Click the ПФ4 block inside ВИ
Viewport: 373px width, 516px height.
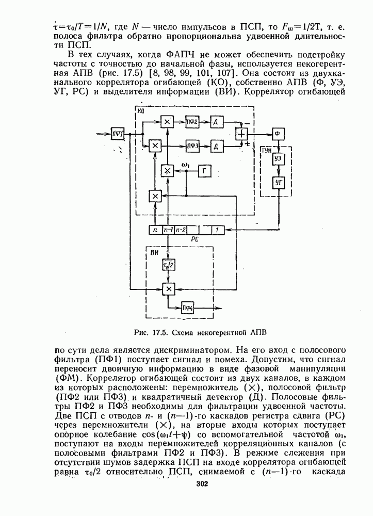click(187, 309)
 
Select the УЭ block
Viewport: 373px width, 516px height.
click(279, 158)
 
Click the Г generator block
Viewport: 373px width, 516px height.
click(205, 171)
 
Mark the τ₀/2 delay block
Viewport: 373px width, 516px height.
click(168, 265)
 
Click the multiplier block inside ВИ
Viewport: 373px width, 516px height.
click(168, 288)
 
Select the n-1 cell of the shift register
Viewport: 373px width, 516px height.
click(167, 230)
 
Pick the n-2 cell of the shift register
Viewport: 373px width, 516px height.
click(180, 230)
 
